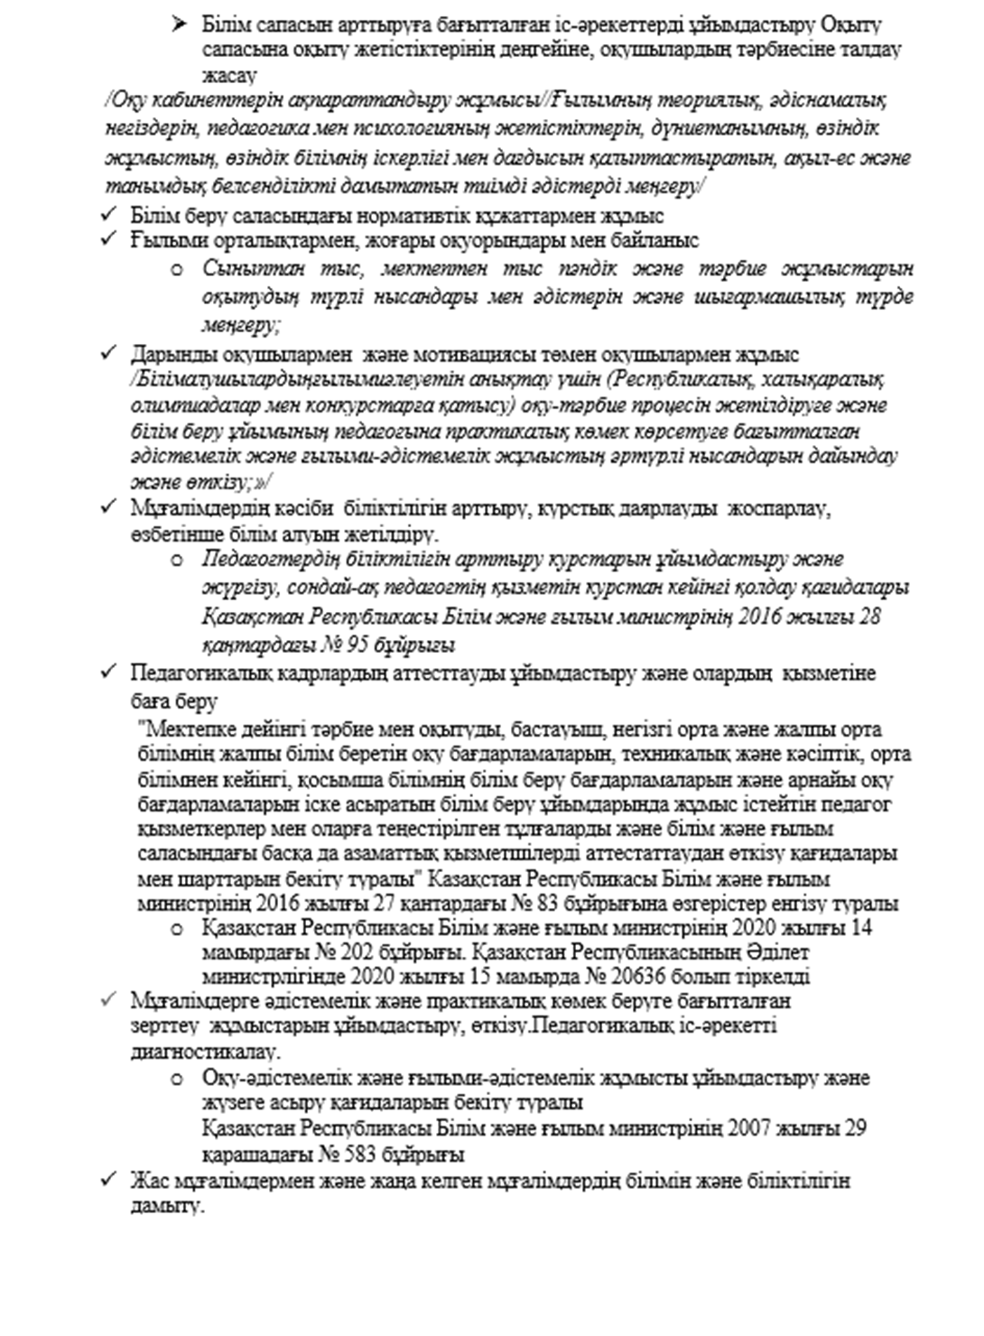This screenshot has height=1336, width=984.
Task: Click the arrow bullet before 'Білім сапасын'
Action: coord(179,26)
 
